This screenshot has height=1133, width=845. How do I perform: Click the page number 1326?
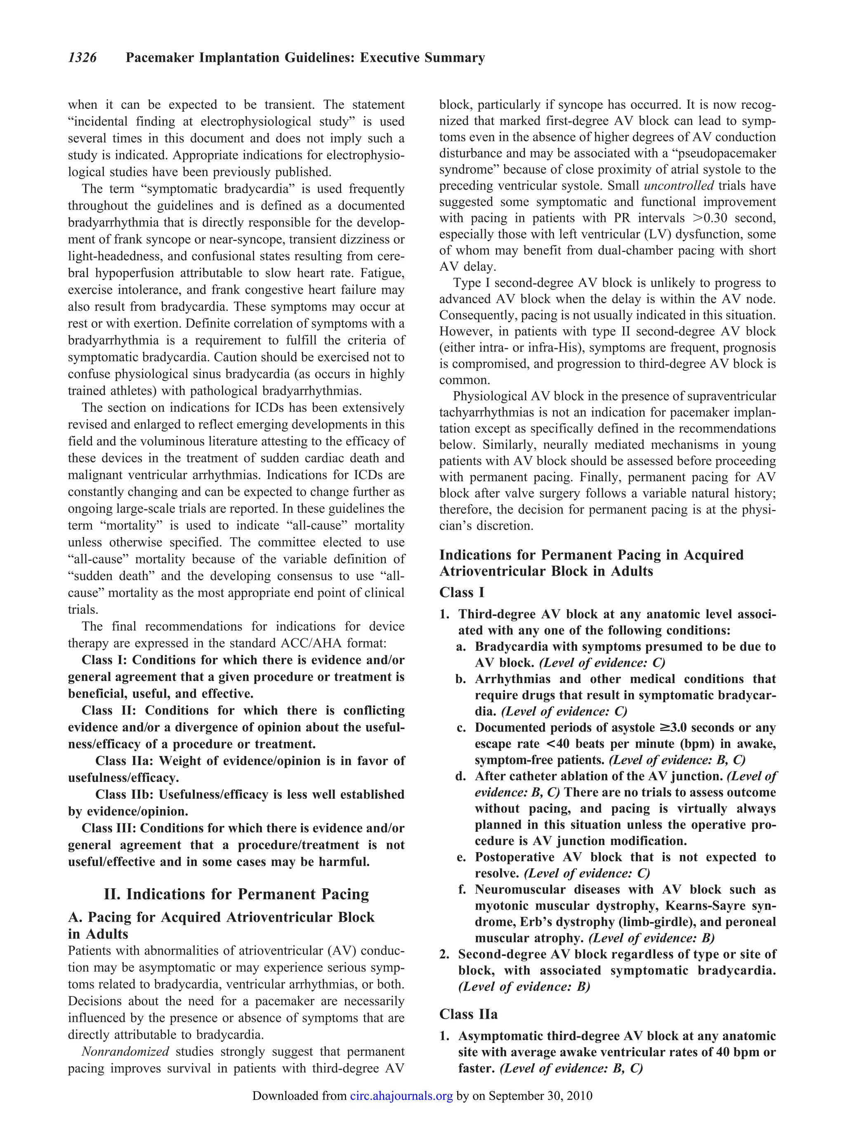pyautogui.click(x=83, y=58)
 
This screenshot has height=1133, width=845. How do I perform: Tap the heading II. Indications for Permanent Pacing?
pyautogui.click(x=236, y=894)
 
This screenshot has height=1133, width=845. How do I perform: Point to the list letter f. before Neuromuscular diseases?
pyautogui.click(x=462, y=890)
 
